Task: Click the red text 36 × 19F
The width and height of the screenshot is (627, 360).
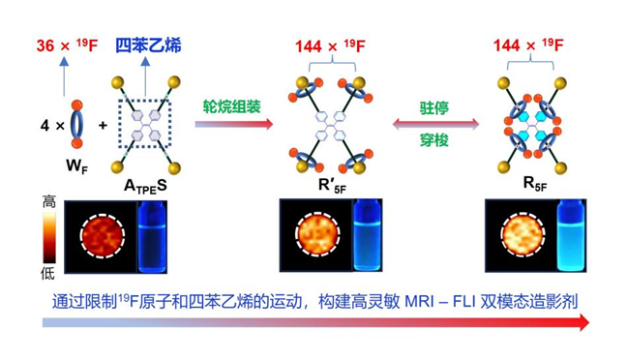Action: [67, 45]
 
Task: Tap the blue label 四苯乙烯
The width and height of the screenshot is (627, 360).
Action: [148, 45]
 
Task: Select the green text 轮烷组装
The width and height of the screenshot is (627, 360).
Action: [232, 106]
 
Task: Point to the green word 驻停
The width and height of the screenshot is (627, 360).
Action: [434, 108]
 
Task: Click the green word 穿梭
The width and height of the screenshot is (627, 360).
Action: [434, 140]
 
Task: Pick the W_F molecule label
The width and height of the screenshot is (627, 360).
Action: [76, 165]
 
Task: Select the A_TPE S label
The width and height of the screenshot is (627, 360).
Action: [145, 186]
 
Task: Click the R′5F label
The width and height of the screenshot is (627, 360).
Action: [332, 185]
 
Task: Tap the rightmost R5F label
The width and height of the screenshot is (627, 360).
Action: [535, 184]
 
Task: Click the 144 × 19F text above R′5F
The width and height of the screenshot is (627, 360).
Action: [330, 46]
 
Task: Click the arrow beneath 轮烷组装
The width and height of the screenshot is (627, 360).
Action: [234, 124]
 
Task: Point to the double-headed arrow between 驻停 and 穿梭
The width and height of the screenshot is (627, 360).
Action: [435, 124]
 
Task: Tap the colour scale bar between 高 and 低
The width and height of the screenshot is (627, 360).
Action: [49, 238]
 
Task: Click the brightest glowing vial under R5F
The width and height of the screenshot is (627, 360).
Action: [571, 235]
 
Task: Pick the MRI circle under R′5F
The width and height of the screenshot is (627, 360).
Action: [317, 234]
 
